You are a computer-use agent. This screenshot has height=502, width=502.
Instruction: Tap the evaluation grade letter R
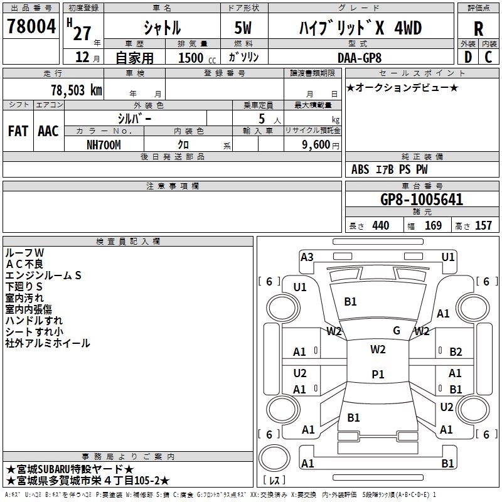click(478, 28)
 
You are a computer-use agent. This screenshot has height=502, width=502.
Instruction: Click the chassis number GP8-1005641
click(422, 200)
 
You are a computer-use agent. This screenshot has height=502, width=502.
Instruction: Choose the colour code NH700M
click(104, 144)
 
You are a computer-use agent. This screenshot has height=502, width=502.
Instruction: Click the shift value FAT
click(18, 131)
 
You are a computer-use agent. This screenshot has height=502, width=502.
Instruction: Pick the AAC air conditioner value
click(48, 131)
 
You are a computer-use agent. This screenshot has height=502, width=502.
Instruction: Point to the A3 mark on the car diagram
click(307, 257)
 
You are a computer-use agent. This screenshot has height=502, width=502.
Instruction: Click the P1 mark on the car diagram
click(378, 375)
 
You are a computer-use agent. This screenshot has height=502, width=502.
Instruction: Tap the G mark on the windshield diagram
click(397, 330)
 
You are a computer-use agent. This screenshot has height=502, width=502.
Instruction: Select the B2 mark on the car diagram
click(456, 352)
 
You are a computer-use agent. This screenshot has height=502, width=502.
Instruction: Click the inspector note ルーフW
click(24, 252)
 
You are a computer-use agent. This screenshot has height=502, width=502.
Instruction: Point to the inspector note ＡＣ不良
click(24, 264)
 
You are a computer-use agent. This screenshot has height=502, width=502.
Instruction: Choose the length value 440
click(380, 226)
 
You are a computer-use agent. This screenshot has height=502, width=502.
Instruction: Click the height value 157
click(483, 226)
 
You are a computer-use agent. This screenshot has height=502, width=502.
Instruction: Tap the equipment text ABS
click(360, 169)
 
